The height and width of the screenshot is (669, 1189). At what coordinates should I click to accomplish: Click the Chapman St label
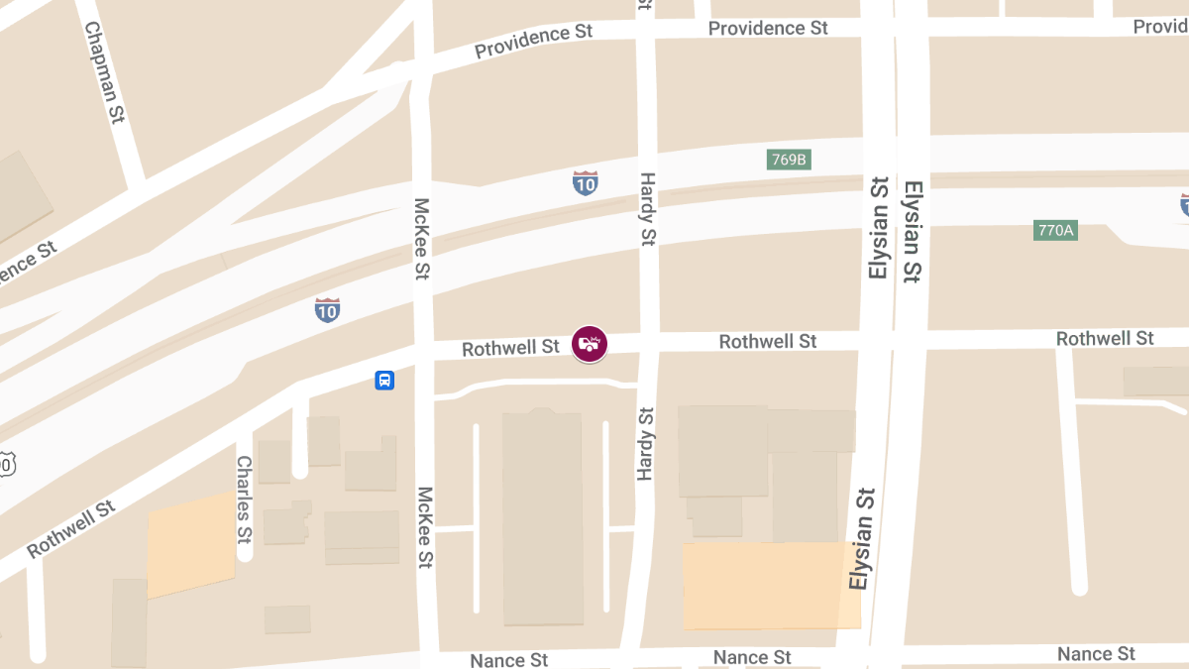click(105, 73)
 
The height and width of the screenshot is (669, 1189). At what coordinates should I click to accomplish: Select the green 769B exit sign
click(789, 160)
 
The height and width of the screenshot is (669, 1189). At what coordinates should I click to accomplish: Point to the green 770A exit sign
click(1055, 230)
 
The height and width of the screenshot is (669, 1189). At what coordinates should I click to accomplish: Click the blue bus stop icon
click(384, 380)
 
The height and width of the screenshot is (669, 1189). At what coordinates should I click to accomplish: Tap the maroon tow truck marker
click(590, 344)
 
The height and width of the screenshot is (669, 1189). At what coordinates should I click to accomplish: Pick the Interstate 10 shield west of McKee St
click(328, 310)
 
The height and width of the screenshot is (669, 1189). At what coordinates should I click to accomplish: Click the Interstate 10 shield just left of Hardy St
click(585, 182)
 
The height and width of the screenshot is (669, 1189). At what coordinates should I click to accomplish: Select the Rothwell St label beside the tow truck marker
click(510, 348)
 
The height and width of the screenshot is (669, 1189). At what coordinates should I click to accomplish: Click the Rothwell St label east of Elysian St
click(1105, 339)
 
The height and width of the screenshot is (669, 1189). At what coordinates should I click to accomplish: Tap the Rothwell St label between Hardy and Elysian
click(768, 341)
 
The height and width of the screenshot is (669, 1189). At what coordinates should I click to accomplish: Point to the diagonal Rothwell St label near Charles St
click(70, 529)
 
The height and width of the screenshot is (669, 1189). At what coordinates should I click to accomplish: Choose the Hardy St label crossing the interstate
click(647, 208)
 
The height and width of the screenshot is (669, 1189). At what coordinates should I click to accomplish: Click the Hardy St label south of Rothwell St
click(646, 444)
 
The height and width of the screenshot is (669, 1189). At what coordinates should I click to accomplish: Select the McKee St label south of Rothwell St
click(425, 527)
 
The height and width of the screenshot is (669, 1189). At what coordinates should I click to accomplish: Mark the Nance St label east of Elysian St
click(1096, 654)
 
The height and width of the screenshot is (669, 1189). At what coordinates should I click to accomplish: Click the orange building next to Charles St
click(190, 544)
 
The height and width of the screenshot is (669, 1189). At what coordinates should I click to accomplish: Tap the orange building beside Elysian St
click(771, 585)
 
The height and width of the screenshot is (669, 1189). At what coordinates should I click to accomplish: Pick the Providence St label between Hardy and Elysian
click(768, 29)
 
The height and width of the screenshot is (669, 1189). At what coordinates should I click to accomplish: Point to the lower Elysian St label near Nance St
click(861, 539)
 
